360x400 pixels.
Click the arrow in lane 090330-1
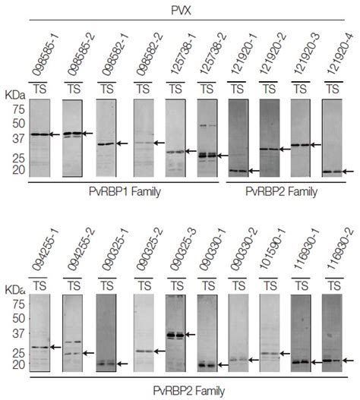point(222,365)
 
